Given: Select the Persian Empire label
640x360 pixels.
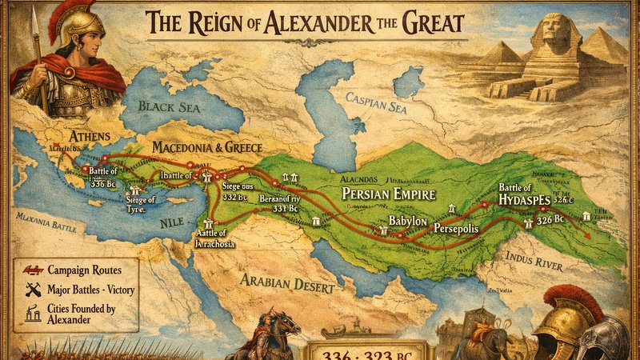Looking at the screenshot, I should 388,194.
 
